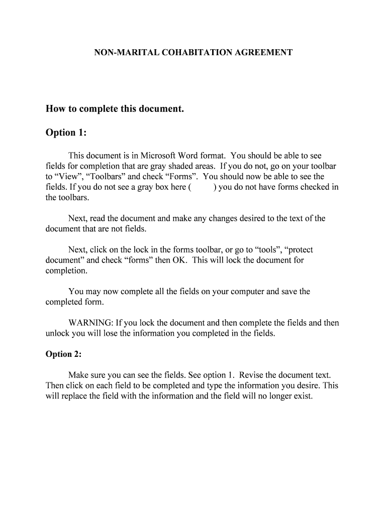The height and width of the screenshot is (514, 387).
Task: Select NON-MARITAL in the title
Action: coord(119,52)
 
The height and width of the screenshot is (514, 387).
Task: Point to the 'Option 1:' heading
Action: coord(66,133)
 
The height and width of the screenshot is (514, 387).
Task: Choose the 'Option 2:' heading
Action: coord(63,354)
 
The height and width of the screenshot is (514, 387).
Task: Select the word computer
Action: coord(246,292)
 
